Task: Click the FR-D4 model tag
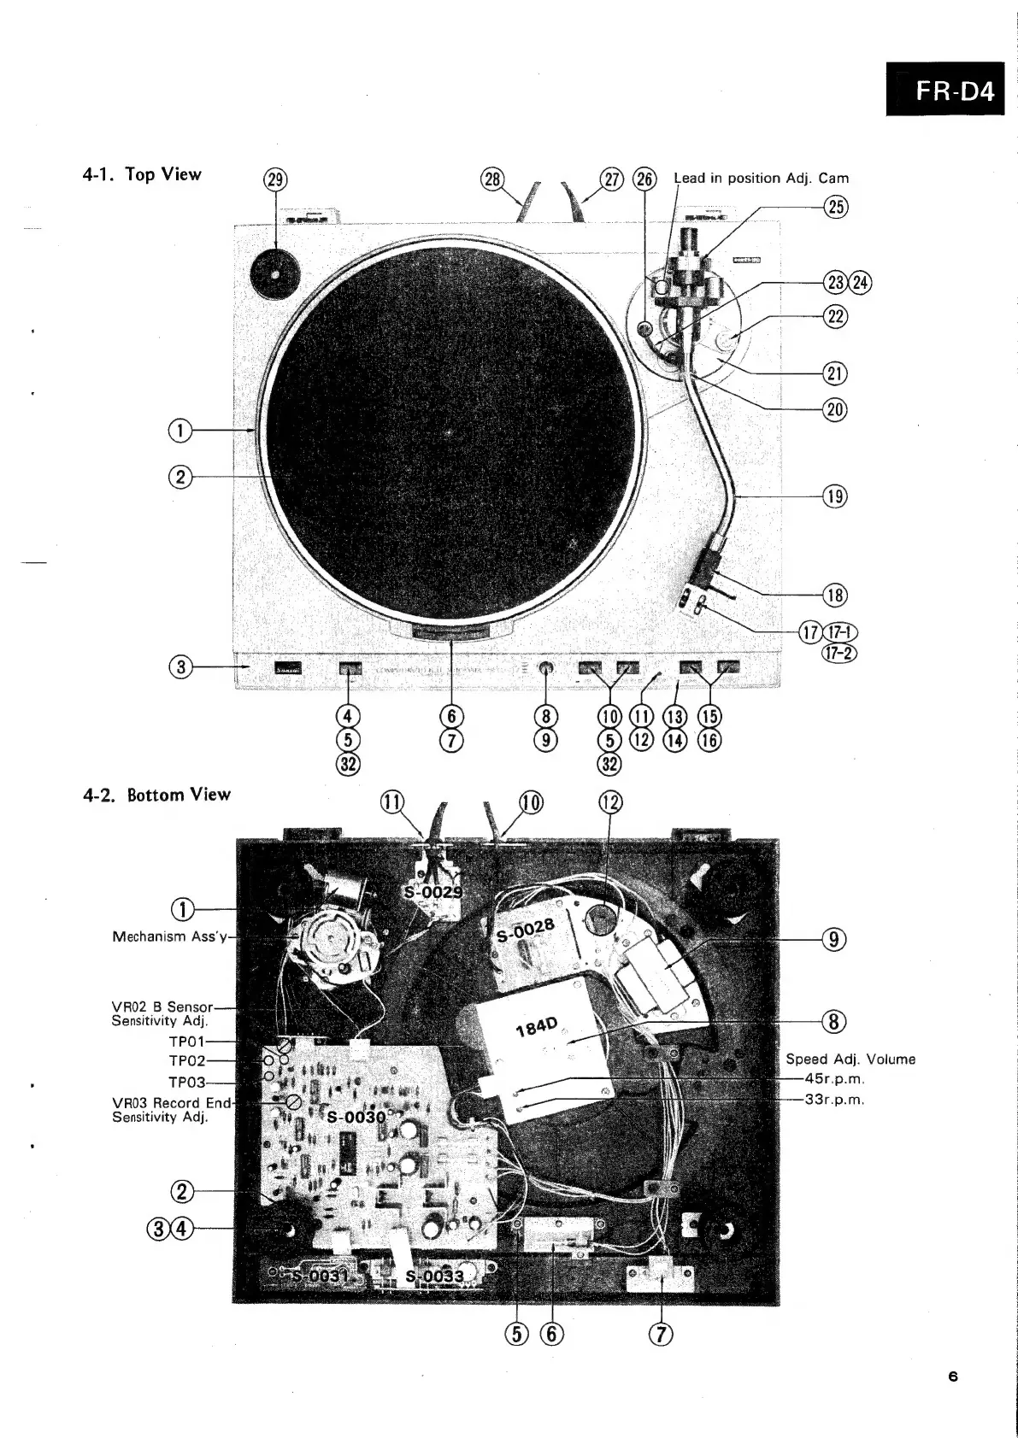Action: tap(954, 90)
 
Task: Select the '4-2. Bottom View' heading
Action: tap(157, 795)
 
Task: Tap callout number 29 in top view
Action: tap(276, 180)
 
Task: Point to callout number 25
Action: tap(835, 206)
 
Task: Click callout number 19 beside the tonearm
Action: tap(835, 496)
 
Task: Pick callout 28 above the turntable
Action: tap(493, 179)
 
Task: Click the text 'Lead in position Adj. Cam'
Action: tap(761, 179)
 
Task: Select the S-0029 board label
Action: tap(433, 892)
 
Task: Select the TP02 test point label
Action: tap(187, 1061)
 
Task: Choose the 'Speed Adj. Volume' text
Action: tap(850, 1059)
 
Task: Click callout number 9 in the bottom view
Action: tap(834, 940)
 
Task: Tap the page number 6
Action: tap(953, 1376)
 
